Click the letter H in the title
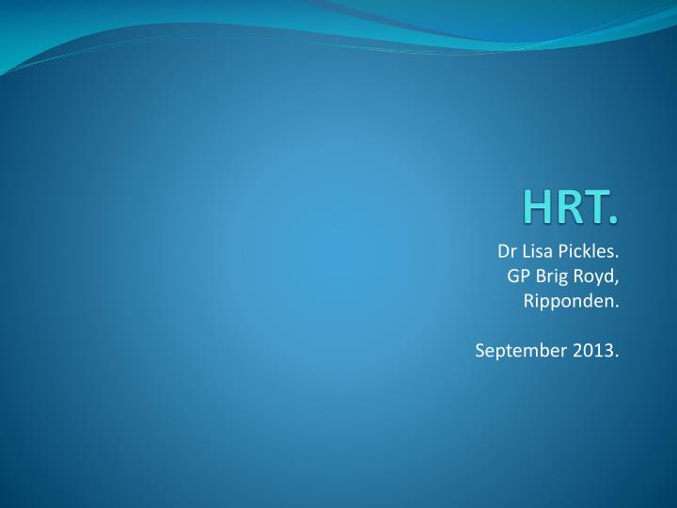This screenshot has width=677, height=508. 541,207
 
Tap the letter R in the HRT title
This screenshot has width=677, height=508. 569,207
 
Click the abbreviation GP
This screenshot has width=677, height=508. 517,277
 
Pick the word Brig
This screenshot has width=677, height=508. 554,278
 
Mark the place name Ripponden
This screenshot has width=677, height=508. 571,302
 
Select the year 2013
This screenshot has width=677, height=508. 595,351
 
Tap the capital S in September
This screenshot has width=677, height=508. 480,351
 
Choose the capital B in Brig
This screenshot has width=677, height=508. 542,277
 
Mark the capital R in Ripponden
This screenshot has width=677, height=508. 528,301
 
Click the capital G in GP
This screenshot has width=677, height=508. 512,277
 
